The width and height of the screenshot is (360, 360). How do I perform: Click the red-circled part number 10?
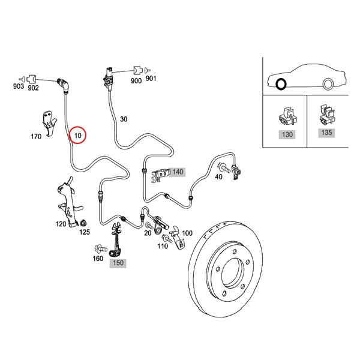point(78,136)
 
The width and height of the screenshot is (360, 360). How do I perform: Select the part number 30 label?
point(124,119)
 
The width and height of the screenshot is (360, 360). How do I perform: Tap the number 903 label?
point(18,87)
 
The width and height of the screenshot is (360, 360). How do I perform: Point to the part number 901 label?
point(150,79)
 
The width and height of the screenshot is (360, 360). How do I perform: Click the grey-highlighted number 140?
point(177,172)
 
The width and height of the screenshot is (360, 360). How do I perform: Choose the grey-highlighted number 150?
point(118,263)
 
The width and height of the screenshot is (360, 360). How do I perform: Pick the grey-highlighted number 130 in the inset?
point(287,134)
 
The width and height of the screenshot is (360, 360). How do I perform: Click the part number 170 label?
point(36,137)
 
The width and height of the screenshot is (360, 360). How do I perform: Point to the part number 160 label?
point(97,259)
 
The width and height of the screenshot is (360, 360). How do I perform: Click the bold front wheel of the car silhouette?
point(281,83)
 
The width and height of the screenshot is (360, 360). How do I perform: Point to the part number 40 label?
point(218,176)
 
